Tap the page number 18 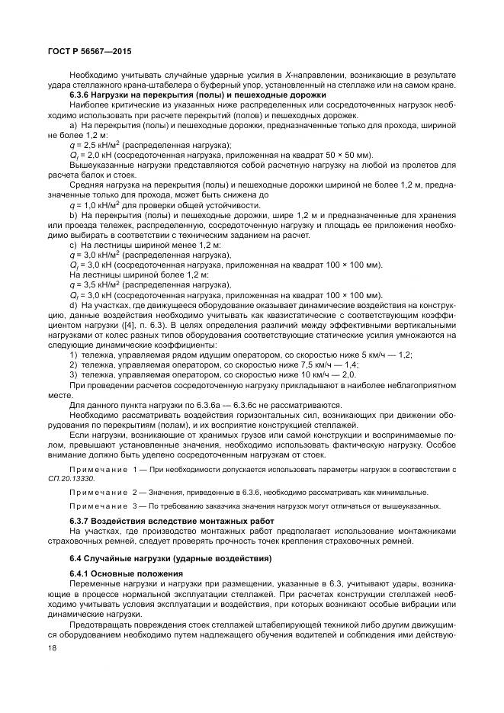tap(52, 646)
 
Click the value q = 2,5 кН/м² tap(91, 144)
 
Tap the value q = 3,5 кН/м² tap(91, 283)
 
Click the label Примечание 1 tap(104, 470)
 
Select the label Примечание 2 tap(104, 492)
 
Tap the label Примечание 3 tap(104, 506)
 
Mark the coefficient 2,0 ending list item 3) tap(348, 374)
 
